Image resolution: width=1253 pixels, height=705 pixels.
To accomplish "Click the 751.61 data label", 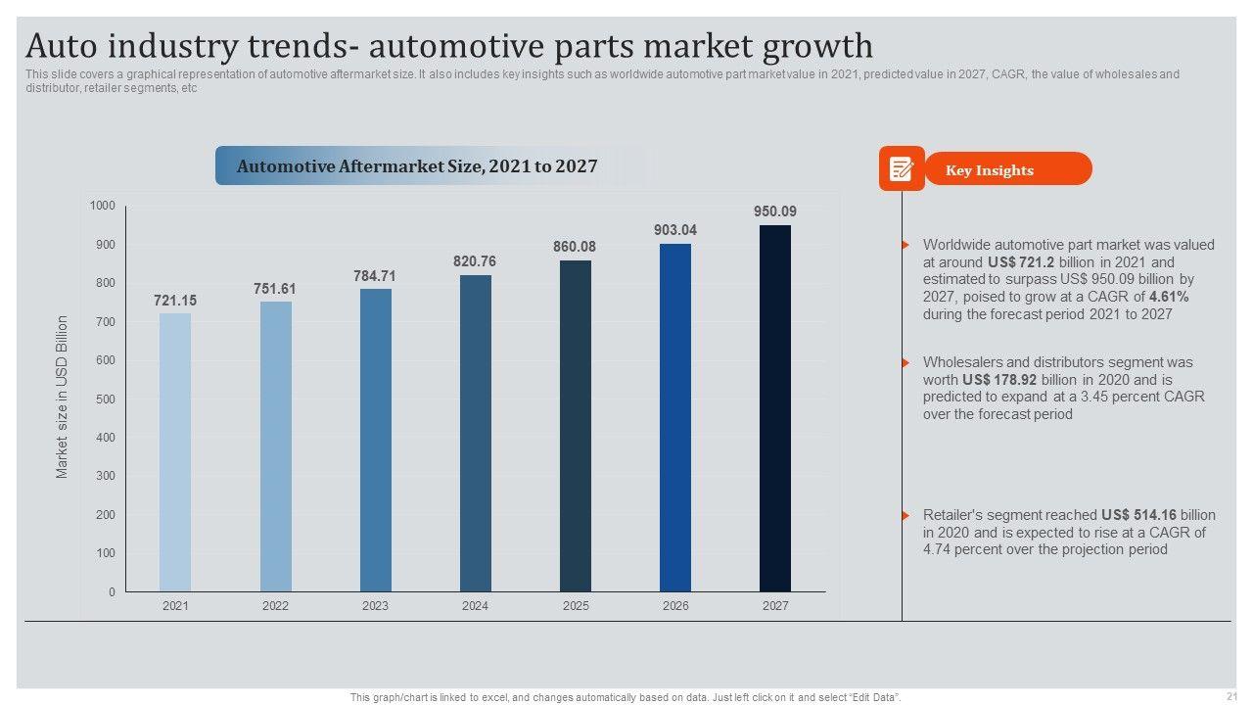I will pos(275,289).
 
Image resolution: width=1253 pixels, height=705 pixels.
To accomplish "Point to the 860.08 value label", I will pos(575,247).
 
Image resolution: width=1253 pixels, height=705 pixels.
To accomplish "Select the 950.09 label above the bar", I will pos(775,211).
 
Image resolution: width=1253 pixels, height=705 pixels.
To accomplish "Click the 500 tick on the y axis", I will pos(105,399).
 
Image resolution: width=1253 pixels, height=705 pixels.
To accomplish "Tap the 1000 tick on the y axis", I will pos(103,206).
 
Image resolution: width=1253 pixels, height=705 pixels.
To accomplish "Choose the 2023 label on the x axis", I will pos(375,606).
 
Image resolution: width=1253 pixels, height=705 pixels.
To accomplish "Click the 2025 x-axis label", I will pos(576,606).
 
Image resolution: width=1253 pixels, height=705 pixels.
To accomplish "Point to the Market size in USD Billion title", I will pos(63,397).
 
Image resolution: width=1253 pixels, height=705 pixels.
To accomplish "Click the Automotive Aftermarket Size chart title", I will pos(417,166).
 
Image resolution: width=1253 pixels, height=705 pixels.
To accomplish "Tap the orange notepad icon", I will pos(901,169).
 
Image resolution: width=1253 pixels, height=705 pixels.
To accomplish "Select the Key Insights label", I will pos(989,170).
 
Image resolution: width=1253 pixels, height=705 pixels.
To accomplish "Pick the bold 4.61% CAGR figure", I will pos(1169,297).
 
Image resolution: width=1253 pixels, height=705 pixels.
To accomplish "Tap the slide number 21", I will pos(1230,695).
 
